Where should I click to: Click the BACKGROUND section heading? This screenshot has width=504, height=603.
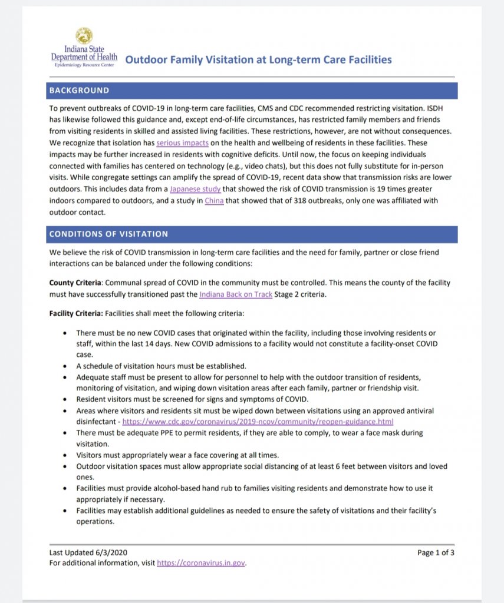tap(79, 91)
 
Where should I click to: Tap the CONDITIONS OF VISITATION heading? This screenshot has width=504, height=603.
tap(108, 234)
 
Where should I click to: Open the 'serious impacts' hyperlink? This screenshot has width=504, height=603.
tap(179, 143)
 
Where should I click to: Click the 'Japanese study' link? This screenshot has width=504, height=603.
tap(195, 189)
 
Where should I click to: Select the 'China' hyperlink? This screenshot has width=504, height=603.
tap(214, 201)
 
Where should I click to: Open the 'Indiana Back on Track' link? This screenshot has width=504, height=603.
tap(236, 294)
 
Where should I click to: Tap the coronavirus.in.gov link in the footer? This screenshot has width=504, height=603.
tap(200, 564)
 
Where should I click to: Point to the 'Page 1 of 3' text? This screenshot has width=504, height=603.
tap(436, 552)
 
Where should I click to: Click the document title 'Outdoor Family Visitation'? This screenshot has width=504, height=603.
tap(259, 59)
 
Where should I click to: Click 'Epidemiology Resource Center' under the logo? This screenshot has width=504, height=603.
tap(84, 65)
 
